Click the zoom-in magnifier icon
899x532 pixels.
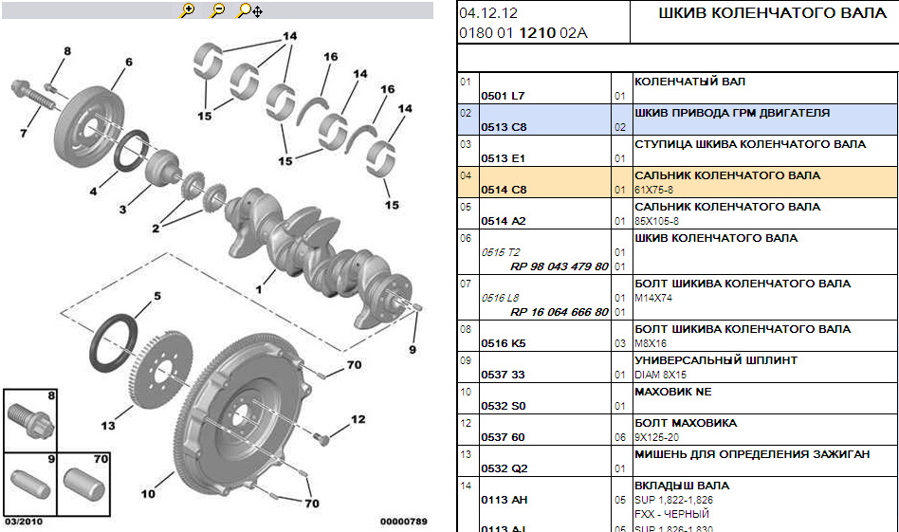coord(187,10)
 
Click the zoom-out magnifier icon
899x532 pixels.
coord(217,10)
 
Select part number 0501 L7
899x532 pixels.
coord(503,96)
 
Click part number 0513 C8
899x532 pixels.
coord(503,127)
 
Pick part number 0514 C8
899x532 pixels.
coord(503,190)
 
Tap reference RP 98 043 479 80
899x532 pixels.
coord(559,266)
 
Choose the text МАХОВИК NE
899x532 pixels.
coord(672,392)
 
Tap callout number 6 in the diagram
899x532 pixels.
coord(128,63)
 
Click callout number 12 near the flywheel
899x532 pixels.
coord(358,418)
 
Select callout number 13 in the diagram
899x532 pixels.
coord(108,426)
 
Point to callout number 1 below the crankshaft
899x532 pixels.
coord(257,287)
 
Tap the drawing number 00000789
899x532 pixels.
coord(404,522)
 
